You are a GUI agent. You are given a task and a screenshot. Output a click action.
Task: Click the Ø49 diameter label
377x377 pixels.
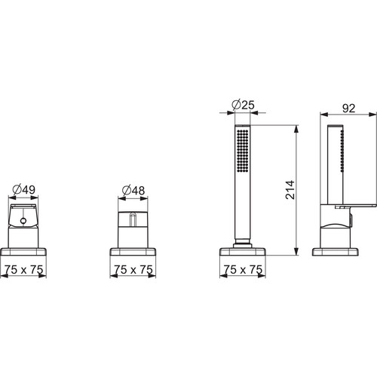(23, 189)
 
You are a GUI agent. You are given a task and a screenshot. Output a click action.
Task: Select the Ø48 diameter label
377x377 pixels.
(133, 191)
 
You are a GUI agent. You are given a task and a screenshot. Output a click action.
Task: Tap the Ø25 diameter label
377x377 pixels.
(243, 105)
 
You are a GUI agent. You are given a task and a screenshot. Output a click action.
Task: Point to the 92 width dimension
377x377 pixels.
(348, 109)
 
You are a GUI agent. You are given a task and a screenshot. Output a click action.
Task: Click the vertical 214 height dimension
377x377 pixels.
(290, 190)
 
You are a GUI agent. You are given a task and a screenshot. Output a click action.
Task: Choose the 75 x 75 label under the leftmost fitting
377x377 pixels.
(23, 270)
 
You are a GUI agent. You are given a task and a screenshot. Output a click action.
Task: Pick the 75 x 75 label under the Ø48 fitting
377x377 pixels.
(133, 270)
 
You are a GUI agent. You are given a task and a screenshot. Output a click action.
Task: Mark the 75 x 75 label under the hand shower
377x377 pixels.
(243, 270)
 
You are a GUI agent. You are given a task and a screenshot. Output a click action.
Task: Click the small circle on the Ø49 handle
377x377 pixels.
(23, 221)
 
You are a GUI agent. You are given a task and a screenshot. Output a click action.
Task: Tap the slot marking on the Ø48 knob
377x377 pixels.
(133, 219)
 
